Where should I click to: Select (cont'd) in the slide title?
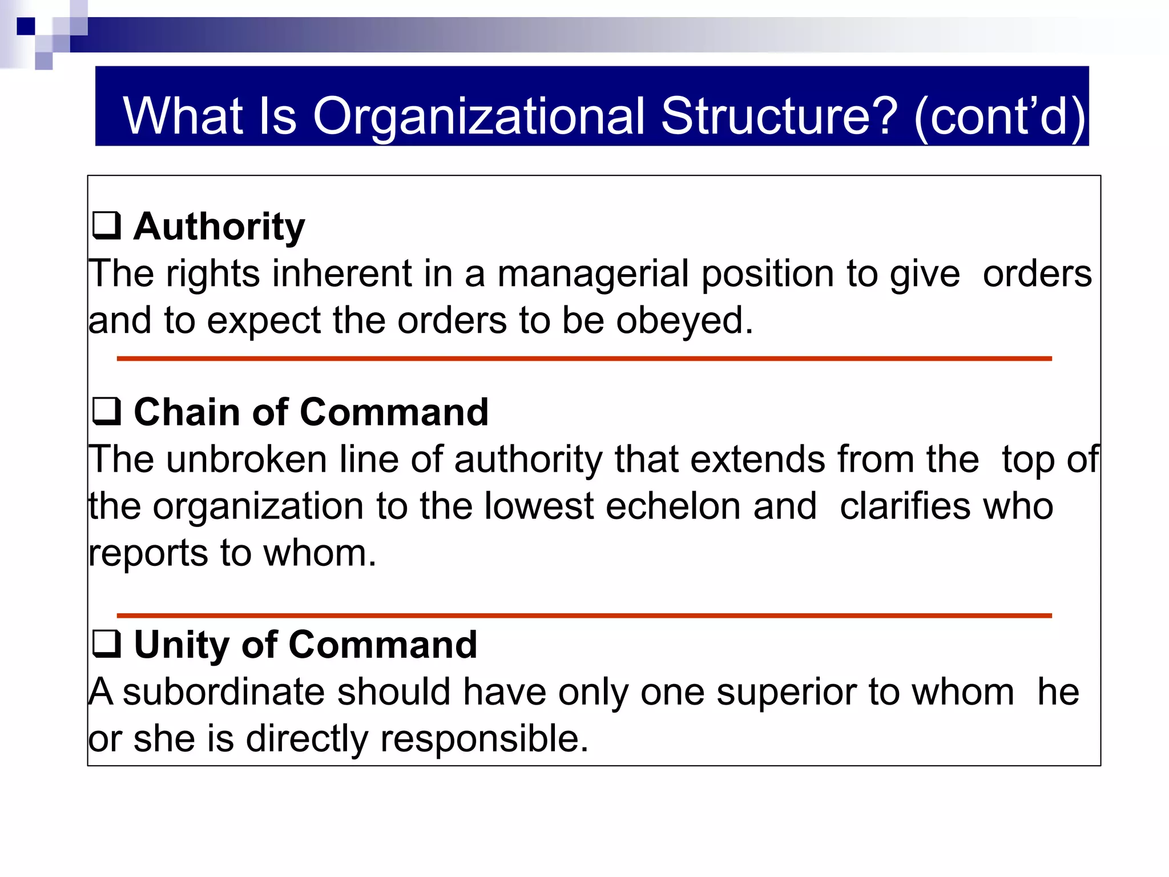[999, 116]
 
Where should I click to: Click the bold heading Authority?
[219, 227]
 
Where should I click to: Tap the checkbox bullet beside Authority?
[107, 226]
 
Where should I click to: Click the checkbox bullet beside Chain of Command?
[107, 411]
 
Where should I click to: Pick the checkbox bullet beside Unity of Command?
[107, 643]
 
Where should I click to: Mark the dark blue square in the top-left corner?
[26, 26]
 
